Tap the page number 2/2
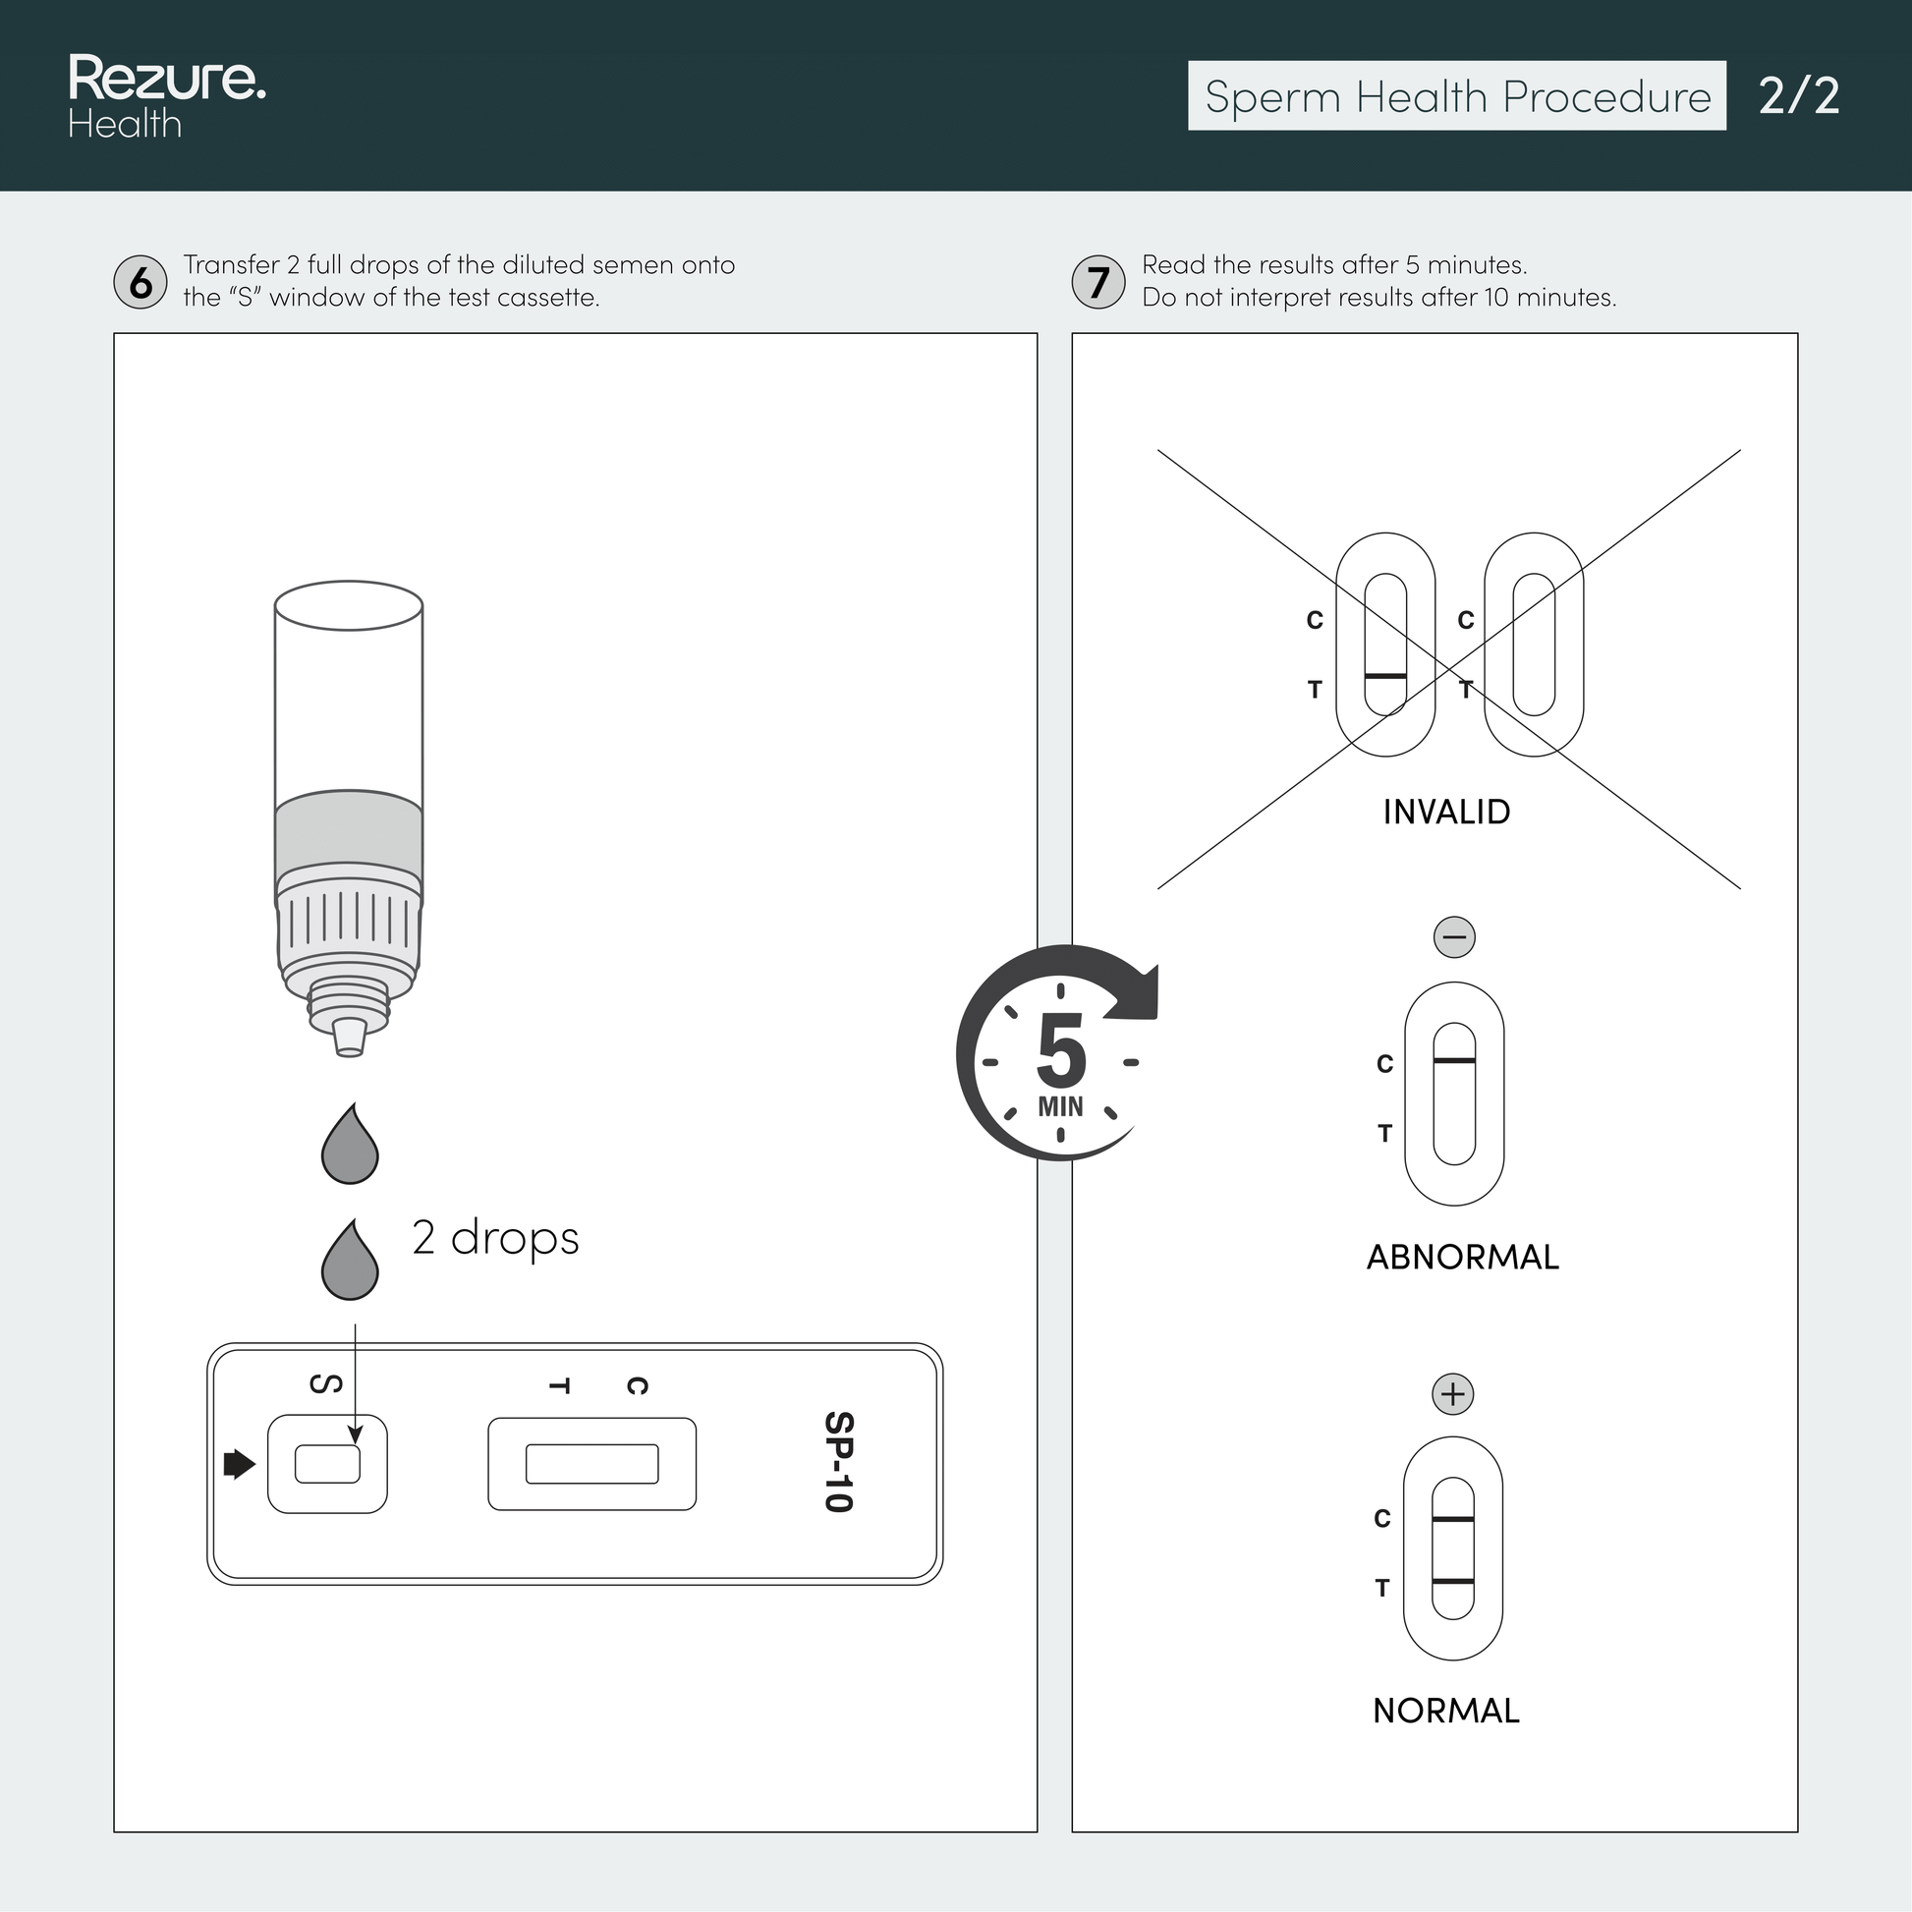[x=1798, y=96]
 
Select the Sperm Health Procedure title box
[x=1457, y=96]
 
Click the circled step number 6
[x=141, y=282]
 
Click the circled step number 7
[x=1097, y=282]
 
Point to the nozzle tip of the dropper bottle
[x=349, y=1039]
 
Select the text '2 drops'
[x=495, y=1239]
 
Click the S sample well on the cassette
[x=327, y=1464]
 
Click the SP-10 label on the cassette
[x=838, y=1462]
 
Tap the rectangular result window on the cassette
[x=591, y=1464]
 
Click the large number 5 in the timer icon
[x=1061, y=1052]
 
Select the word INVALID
[x=1446, y=812]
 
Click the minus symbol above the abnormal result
[x=1454, y=936]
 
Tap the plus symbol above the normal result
[x=1453, y=1394]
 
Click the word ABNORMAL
[x=1463, y=1257]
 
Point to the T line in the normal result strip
[x=1453, y=1582]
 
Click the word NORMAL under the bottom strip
[x=1446, y=1711]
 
